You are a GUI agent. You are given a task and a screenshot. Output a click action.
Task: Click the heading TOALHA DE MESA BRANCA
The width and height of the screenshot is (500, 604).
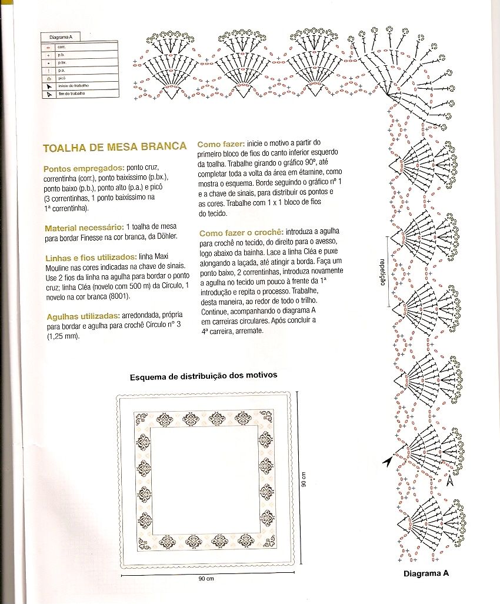(115, 146)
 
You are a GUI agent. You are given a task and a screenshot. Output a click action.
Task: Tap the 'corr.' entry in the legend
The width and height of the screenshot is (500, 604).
(61, 45)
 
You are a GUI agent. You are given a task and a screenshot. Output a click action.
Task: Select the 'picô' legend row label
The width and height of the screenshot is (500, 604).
(62, 78)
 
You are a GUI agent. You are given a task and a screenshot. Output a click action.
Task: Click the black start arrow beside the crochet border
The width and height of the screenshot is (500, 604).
(387, 462)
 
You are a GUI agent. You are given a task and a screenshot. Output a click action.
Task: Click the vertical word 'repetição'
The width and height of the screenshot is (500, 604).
(382, 271)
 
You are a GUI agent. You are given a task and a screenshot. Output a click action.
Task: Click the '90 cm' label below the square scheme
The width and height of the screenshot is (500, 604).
(206, 579)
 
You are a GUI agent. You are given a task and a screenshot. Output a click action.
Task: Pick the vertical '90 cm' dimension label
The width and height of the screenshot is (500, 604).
(305, 479)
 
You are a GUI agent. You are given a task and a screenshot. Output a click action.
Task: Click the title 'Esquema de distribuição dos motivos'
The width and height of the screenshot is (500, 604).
(203, 375)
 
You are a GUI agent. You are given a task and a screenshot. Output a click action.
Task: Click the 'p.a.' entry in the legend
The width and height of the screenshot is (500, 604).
(61, 70)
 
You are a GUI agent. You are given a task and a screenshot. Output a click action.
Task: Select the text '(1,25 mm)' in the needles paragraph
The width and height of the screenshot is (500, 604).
(62, 336)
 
